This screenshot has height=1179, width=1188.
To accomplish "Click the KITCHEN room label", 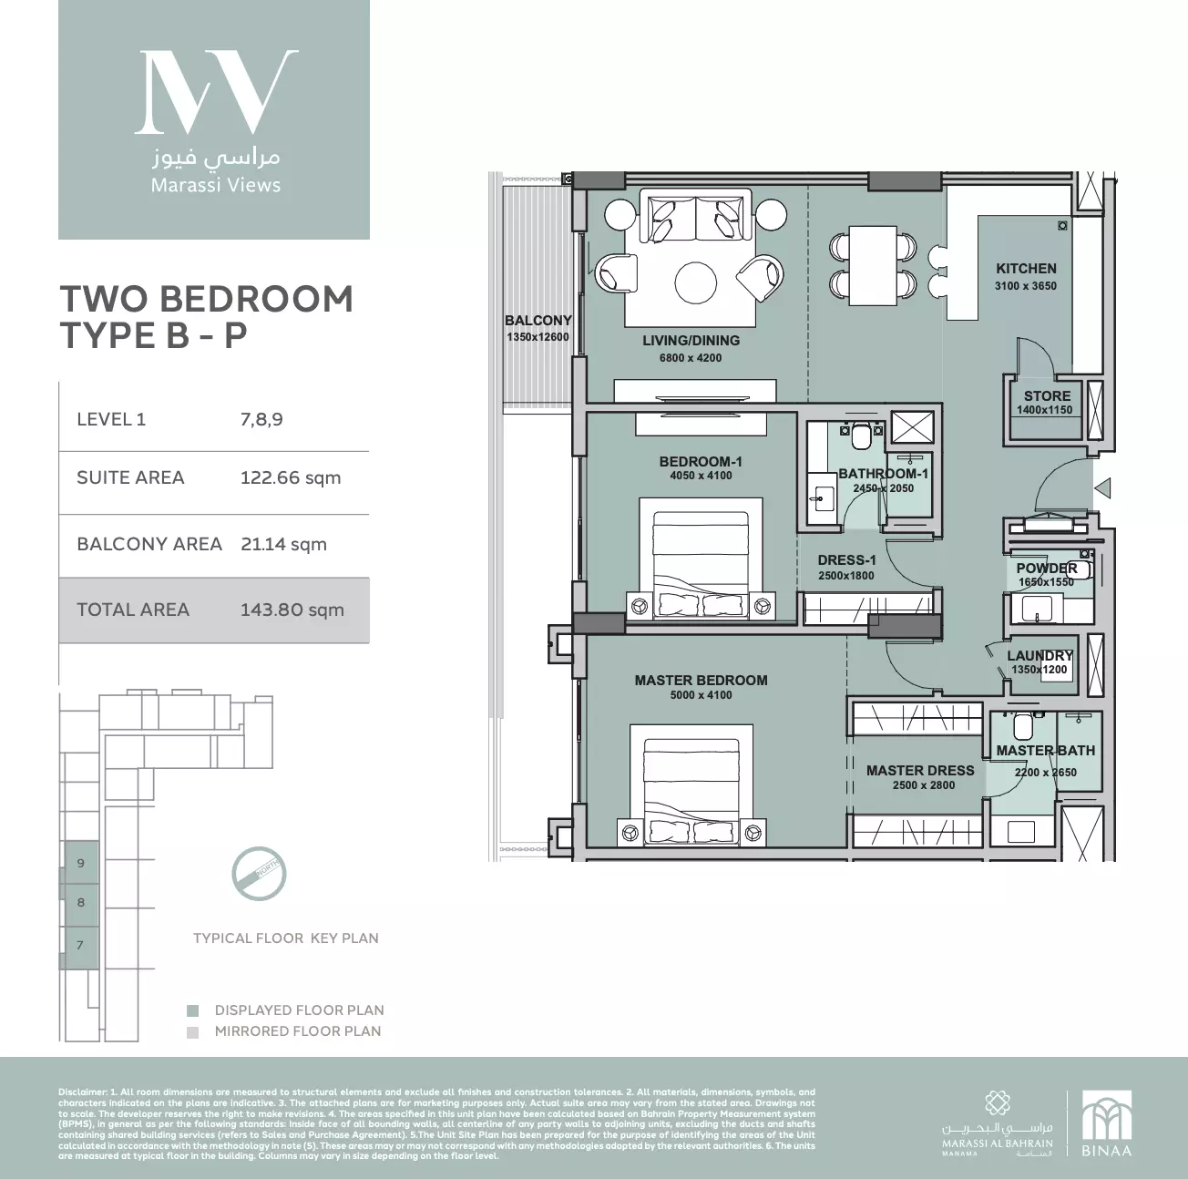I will point(1026,269).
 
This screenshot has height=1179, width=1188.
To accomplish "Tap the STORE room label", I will point(1046,395).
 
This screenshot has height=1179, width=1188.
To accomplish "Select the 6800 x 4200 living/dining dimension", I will point(690,358).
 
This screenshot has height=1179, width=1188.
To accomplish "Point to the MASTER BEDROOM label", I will point(701,680).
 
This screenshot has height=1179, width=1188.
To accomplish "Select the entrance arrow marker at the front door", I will point(1102,488).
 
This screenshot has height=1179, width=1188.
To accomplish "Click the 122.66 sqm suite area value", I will point(290,478).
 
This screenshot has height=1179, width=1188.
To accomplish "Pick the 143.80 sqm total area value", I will point(292,610).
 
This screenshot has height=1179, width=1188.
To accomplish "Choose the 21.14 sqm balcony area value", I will point(283,545).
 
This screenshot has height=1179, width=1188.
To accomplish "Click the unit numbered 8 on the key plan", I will point(81,903).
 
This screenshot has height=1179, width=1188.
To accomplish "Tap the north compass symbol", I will point(260,874).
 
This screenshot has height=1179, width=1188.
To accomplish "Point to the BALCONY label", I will point(538,321).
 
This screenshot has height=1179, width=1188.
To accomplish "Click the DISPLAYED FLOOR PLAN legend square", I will point(192,1010).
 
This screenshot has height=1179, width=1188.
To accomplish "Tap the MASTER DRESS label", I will point(919,770).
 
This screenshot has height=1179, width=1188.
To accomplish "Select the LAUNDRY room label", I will point(1039,655).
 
